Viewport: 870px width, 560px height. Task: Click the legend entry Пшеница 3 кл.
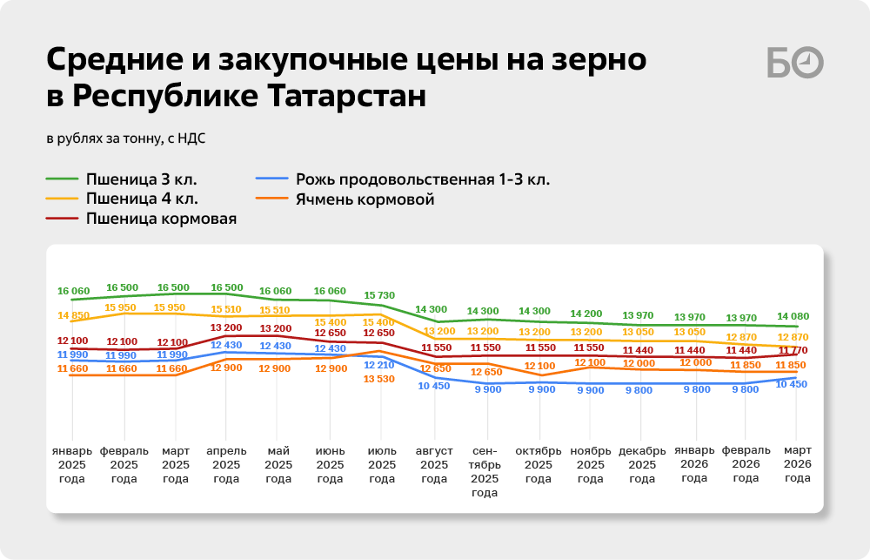[x=141, y=180]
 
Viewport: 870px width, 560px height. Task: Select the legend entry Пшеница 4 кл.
[x=141, y=199]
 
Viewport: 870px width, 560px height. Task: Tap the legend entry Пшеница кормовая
[x=161, y=219]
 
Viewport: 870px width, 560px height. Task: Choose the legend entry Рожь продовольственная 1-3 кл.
[x=422, y=180]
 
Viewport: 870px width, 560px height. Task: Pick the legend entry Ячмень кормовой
[x=365, y=199]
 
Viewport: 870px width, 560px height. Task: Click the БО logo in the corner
[x=795, y=64]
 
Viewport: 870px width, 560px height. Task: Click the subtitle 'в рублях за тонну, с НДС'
[x=126, y=137]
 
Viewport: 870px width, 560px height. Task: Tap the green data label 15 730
[x=380, y=295]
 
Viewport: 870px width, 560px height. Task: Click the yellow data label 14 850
[x=74, y=315]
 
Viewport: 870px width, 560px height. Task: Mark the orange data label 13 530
[x=380, y=379]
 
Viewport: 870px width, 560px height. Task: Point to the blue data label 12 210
[x=380, y=364]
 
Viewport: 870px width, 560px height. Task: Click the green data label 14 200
[x=590, y=314]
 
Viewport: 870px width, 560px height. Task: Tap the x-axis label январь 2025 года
[x=72, y=464]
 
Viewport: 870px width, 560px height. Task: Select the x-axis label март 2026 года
[x=797, y=464]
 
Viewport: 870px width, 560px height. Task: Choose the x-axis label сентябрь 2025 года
[x=485, y=471]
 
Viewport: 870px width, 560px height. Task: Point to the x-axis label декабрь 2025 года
[x=642, y=464]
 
